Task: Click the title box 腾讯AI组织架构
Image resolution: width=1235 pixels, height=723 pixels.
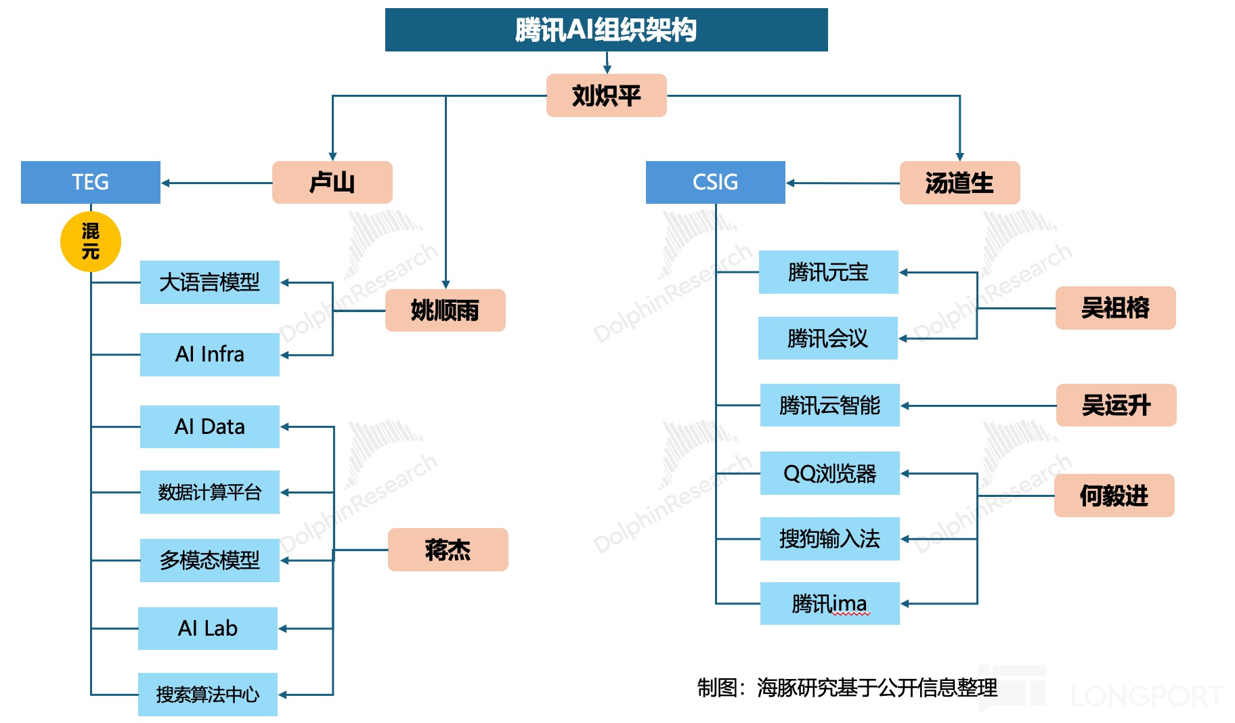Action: coord(606,30)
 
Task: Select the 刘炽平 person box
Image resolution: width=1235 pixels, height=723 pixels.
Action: coord(606,95)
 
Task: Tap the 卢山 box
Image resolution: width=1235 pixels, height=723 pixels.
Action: coord(332,182)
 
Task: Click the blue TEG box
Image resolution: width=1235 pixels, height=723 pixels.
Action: coord(90,182)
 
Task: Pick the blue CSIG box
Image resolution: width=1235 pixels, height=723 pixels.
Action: coord(715,182)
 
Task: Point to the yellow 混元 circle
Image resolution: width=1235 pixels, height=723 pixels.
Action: coord(90,242)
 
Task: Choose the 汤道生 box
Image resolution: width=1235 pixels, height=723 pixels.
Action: coord(959,183)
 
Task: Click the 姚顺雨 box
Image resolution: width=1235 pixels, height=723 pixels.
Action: coord(445,311)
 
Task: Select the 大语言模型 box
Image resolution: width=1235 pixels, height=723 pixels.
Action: coord(209,282)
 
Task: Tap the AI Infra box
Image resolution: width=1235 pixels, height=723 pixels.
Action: coord(209,354)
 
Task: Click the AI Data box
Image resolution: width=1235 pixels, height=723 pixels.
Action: coord(209,426)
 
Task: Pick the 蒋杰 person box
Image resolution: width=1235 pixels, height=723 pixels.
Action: coord(448,550)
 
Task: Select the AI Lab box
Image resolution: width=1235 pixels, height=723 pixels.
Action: coord(207,628)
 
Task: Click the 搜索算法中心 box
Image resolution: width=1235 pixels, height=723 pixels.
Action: coord(207,694)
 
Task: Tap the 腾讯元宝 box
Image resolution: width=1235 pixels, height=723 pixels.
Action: coord(828,272)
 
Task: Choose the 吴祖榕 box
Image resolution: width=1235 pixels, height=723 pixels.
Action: coord(1115,308)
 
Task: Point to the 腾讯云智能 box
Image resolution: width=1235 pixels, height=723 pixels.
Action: coord(829,406)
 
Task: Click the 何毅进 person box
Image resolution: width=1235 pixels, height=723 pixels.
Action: coord(1114,496)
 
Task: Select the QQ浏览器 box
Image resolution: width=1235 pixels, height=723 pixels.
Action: coord(829,473)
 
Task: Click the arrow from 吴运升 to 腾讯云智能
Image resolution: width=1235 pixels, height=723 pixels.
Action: coord(978,406)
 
